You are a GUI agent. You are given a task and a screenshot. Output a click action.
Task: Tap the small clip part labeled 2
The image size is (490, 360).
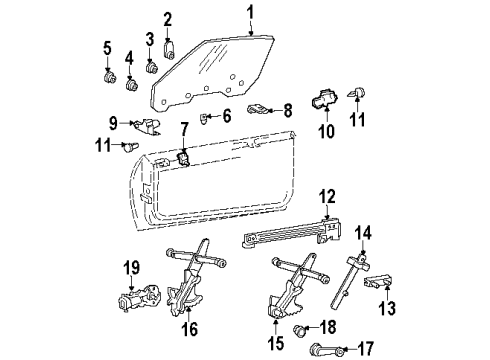169,45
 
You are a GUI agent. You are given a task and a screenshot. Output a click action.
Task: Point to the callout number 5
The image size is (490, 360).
107,47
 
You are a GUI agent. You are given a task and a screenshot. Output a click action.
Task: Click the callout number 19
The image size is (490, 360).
129,268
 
